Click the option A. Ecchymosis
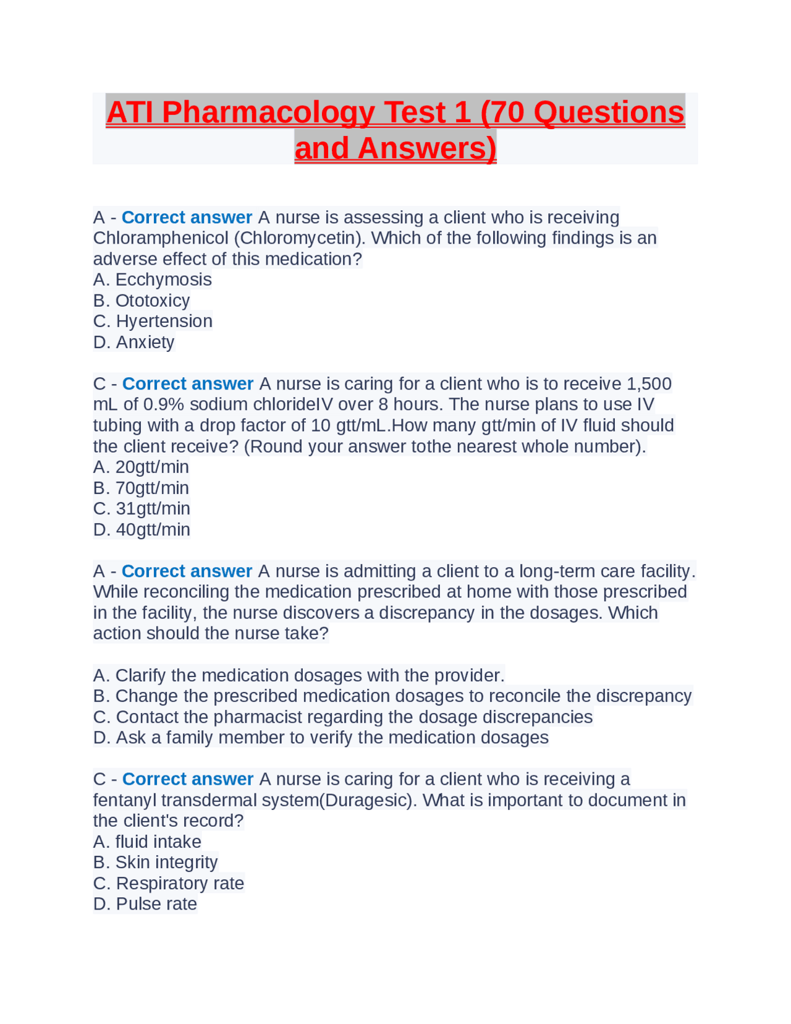point(152,279)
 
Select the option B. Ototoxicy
point(142,301)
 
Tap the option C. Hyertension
point(153,321)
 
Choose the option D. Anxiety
point(134,342)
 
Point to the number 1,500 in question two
point(649,383)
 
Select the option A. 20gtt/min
point(141,467)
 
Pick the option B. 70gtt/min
point(141,488)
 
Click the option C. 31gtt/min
point(142,508)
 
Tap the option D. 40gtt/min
point(142,529)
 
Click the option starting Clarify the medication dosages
point(298,675)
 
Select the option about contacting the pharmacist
point(342,717)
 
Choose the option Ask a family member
point(321,737)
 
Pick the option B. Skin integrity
point(156,862)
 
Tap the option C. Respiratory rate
point(169,883)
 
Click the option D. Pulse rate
point(145,903)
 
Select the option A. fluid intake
point(147,842)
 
